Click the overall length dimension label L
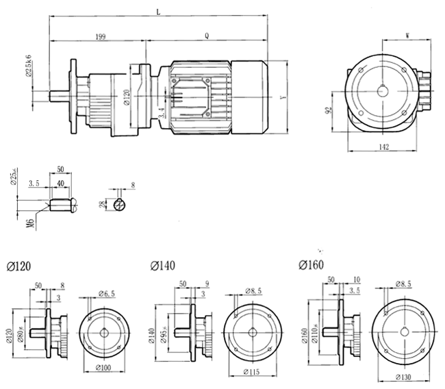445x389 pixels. coord(159,12)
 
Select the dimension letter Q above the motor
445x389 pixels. coord(207,35)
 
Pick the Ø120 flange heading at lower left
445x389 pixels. coord(20,266)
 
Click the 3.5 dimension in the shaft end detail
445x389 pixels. coord(33,184)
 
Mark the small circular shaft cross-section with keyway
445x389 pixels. coord(121,203)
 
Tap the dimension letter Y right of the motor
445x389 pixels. coord(283,97)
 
